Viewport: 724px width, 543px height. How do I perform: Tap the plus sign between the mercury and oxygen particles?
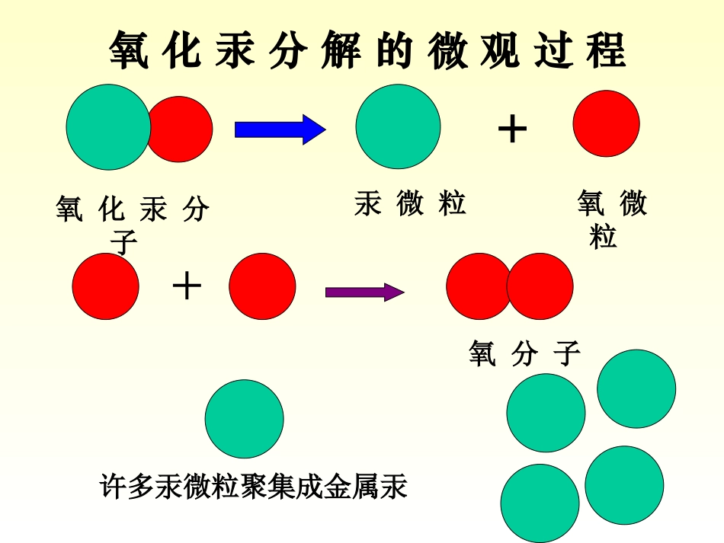[x=512, y=129]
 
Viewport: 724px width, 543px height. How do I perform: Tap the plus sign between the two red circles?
[x=187, y=287]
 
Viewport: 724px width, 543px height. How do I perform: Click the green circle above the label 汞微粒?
[x=398, y=126]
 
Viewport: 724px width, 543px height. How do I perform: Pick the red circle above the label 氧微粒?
[x=606, y=123]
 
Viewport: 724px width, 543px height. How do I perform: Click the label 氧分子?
[x=524, y=353]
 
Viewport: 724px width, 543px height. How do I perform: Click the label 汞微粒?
[x=410, y=204]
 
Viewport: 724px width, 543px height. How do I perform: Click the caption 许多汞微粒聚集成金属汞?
[x=254, y=486]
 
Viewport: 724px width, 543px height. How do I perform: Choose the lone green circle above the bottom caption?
[x=244, y=419]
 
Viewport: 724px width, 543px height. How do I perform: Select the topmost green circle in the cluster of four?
[x=636, y=388]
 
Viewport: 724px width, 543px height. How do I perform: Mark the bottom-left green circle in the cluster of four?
[x=540, y=503]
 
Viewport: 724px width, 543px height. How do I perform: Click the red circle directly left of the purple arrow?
[x=262, y=286]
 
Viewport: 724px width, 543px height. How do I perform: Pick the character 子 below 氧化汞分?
[x=124, y=243]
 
